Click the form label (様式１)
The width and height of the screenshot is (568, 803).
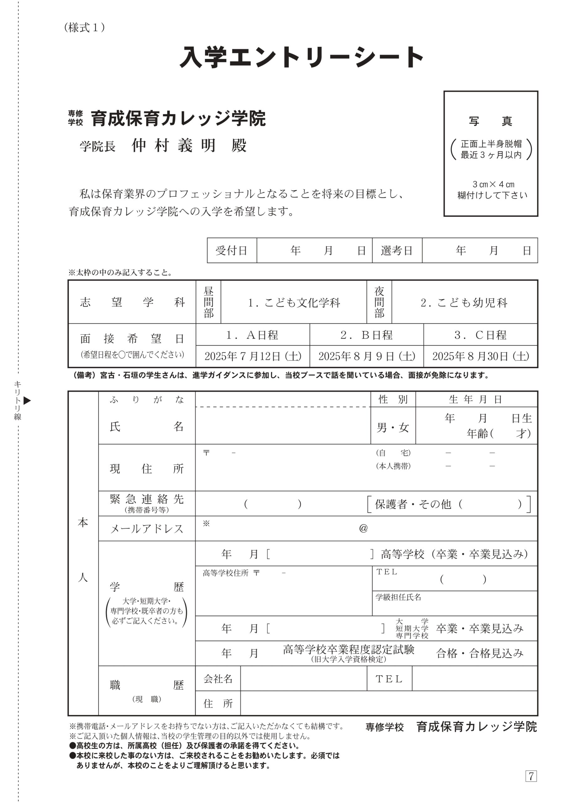84,28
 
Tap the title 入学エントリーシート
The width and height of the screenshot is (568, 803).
302,57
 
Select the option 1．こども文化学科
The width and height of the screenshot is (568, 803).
293,302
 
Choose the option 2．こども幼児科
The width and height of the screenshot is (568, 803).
464,302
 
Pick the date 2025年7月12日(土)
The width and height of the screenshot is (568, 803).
253,356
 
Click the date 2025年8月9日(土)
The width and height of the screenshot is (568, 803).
366,356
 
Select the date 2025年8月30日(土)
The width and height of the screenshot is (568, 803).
480,356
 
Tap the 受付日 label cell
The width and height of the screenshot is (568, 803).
232,251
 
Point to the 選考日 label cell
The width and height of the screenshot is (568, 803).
397,251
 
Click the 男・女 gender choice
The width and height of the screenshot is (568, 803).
393,427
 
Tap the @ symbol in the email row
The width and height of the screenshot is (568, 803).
363,528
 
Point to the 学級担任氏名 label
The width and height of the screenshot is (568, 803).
398,597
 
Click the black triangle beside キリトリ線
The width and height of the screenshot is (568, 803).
27,401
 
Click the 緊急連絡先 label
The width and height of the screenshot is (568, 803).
147,500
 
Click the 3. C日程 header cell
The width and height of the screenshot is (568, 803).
480,335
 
